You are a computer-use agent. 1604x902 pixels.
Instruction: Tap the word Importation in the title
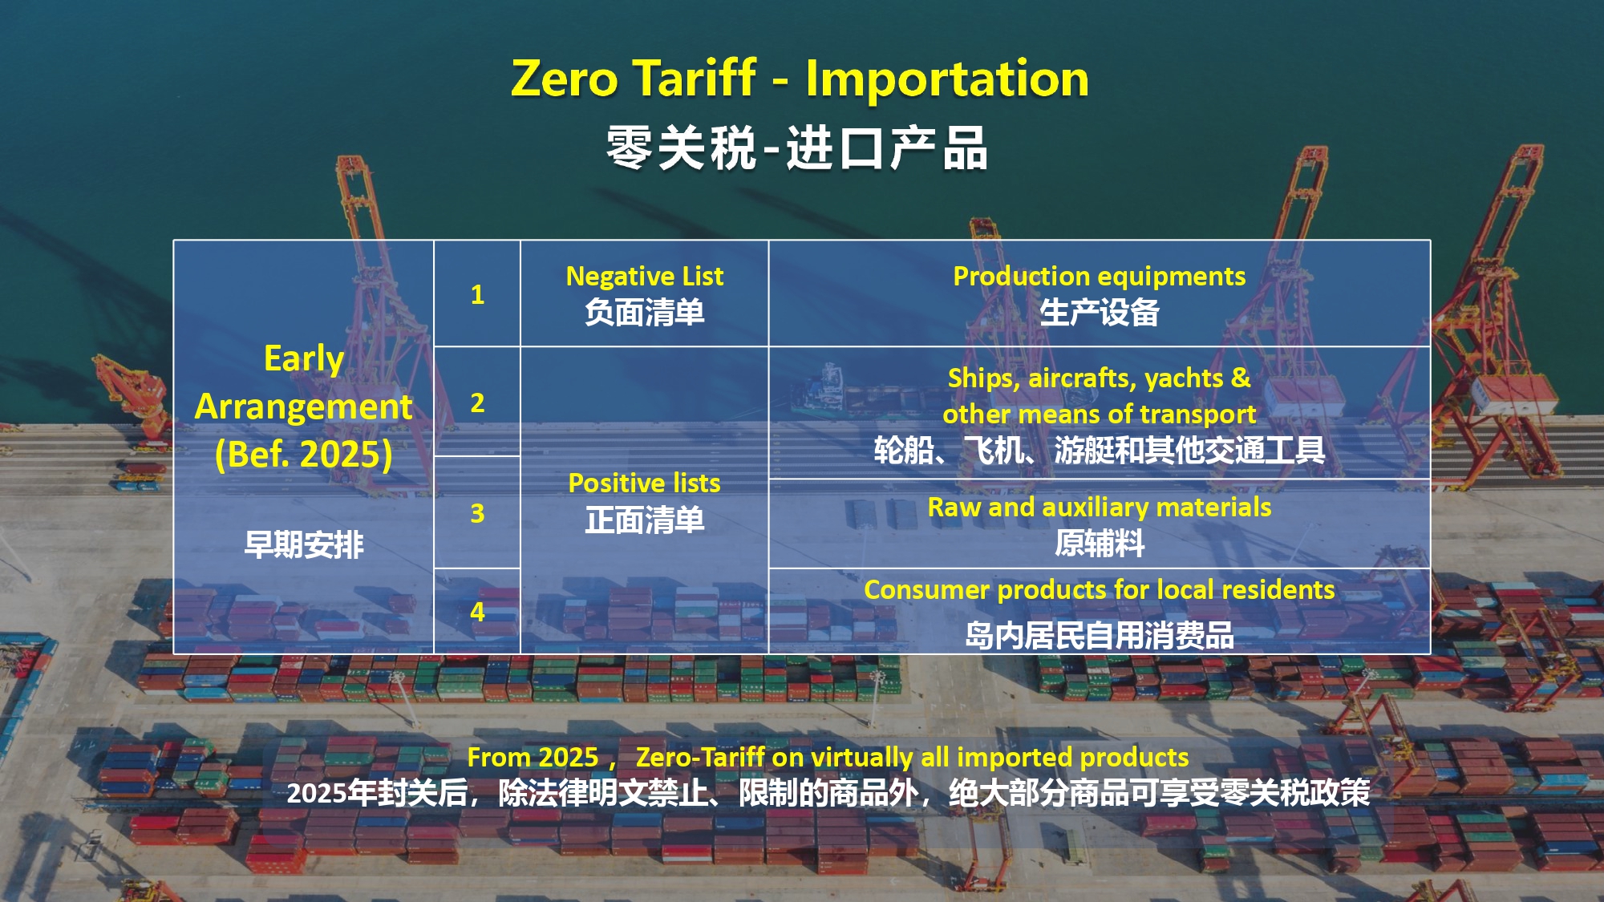947,79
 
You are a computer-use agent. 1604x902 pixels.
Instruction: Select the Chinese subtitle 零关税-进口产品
796,148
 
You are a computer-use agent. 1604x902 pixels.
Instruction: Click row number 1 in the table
477,294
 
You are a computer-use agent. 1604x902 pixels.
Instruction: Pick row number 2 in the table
477,402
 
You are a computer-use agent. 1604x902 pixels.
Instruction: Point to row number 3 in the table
477,513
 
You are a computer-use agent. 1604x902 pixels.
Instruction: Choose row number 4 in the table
477,612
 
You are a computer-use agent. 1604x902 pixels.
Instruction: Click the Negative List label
645,276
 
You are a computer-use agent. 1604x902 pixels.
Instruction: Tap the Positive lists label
645,483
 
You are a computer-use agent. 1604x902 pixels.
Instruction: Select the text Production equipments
1100,277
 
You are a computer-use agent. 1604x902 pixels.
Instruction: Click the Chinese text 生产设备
1100,312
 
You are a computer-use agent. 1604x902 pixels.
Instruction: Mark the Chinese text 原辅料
1100,544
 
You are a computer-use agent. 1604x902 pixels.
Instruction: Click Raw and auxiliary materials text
1100,508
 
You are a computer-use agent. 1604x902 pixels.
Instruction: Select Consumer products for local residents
1100,590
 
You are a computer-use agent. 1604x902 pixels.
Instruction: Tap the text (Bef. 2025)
304,455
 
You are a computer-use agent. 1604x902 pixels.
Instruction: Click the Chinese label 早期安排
304,545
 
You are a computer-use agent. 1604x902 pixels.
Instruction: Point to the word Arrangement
304,407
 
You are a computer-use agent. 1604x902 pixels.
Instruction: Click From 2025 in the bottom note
533,757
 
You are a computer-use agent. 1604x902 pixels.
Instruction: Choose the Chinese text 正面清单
645,520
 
